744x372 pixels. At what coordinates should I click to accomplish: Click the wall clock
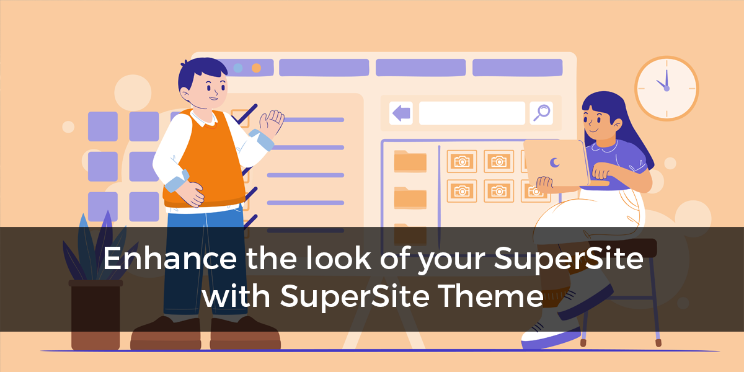666,88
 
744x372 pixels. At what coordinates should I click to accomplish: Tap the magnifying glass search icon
541,113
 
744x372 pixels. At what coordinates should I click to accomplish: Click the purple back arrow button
401,113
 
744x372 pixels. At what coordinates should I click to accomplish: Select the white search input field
472,113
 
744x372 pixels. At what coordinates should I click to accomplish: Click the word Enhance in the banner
170,259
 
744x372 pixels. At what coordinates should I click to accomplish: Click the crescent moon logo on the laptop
554,162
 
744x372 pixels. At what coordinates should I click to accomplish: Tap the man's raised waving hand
272,123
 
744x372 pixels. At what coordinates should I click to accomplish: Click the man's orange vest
205,159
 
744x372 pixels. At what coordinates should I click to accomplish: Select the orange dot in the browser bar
256,68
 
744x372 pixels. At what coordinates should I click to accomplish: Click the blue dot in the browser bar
238,68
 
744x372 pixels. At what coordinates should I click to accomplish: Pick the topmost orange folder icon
410,161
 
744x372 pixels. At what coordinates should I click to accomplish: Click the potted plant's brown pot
95,315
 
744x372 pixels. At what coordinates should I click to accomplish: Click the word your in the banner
452,260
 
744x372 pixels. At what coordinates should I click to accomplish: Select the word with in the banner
236,295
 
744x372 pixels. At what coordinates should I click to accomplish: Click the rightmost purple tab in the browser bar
518,68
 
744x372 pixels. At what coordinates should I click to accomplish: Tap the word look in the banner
338,258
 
